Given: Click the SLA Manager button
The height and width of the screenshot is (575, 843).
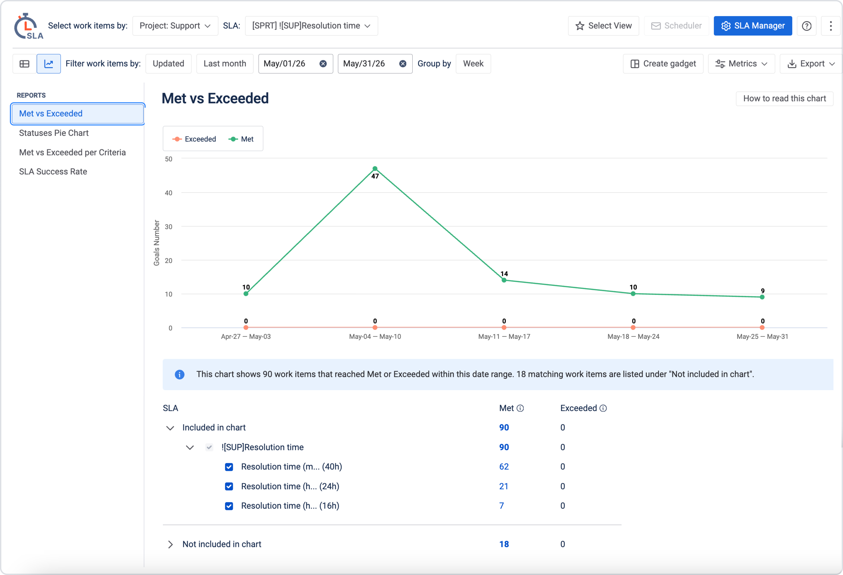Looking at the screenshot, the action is point(753,26).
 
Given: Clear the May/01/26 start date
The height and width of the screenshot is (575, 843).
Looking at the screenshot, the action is point(323,64).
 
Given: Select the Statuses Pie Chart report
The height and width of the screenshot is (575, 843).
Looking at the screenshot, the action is point(54,133).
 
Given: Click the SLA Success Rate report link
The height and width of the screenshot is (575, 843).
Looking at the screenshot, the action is point(53,171).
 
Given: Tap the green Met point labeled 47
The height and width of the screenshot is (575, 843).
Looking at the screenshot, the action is point(375,169).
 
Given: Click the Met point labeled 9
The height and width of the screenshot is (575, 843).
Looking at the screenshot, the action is point(762,297).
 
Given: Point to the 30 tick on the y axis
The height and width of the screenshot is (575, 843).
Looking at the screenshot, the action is point(169,227).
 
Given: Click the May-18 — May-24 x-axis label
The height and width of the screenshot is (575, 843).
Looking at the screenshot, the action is point(633,336).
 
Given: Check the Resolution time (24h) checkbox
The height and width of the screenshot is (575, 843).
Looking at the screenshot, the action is point(229,486).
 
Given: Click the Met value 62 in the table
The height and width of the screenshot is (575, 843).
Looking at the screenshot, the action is point(504,467).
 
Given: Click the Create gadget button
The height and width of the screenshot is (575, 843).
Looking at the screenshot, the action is point(663,64).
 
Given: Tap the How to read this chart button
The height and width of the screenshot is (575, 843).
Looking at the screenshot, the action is point(785,98).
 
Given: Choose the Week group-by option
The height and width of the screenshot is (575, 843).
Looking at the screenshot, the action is point(473,64).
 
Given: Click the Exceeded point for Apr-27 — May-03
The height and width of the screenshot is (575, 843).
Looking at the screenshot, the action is point(246,328).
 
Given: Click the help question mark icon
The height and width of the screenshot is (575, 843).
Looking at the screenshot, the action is point(807,26).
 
